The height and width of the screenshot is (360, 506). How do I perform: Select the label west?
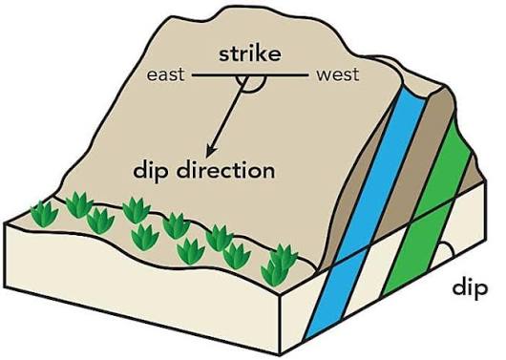(338, 74)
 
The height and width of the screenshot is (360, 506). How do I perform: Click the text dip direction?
(204, 173)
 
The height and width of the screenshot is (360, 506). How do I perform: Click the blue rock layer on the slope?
(387, 162)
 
